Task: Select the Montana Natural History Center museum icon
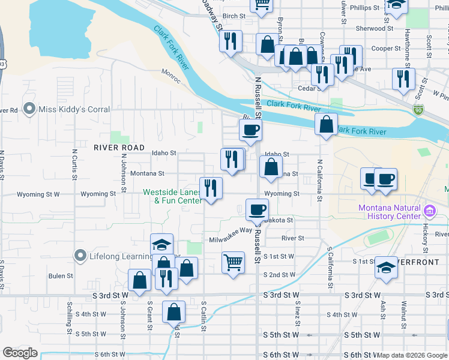429,211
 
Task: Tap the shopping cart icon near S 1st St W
233,262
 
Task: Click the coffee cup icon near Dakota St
257,209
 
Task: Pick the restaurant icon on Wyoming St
211,188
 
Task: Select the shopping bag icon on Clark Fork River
326,125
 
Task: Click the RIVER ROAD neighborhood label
119,148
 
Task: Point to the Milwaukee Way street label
231,235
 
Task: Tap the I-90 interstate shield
418,110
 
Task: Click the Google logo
20,353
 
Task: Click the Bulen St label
61,276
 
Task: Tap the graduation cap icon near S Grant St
161,244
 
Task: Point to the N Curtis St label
74,164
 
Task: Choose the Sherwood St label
373,28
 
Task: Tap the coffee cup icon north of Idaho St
250,129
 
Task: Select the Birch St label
234,16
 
